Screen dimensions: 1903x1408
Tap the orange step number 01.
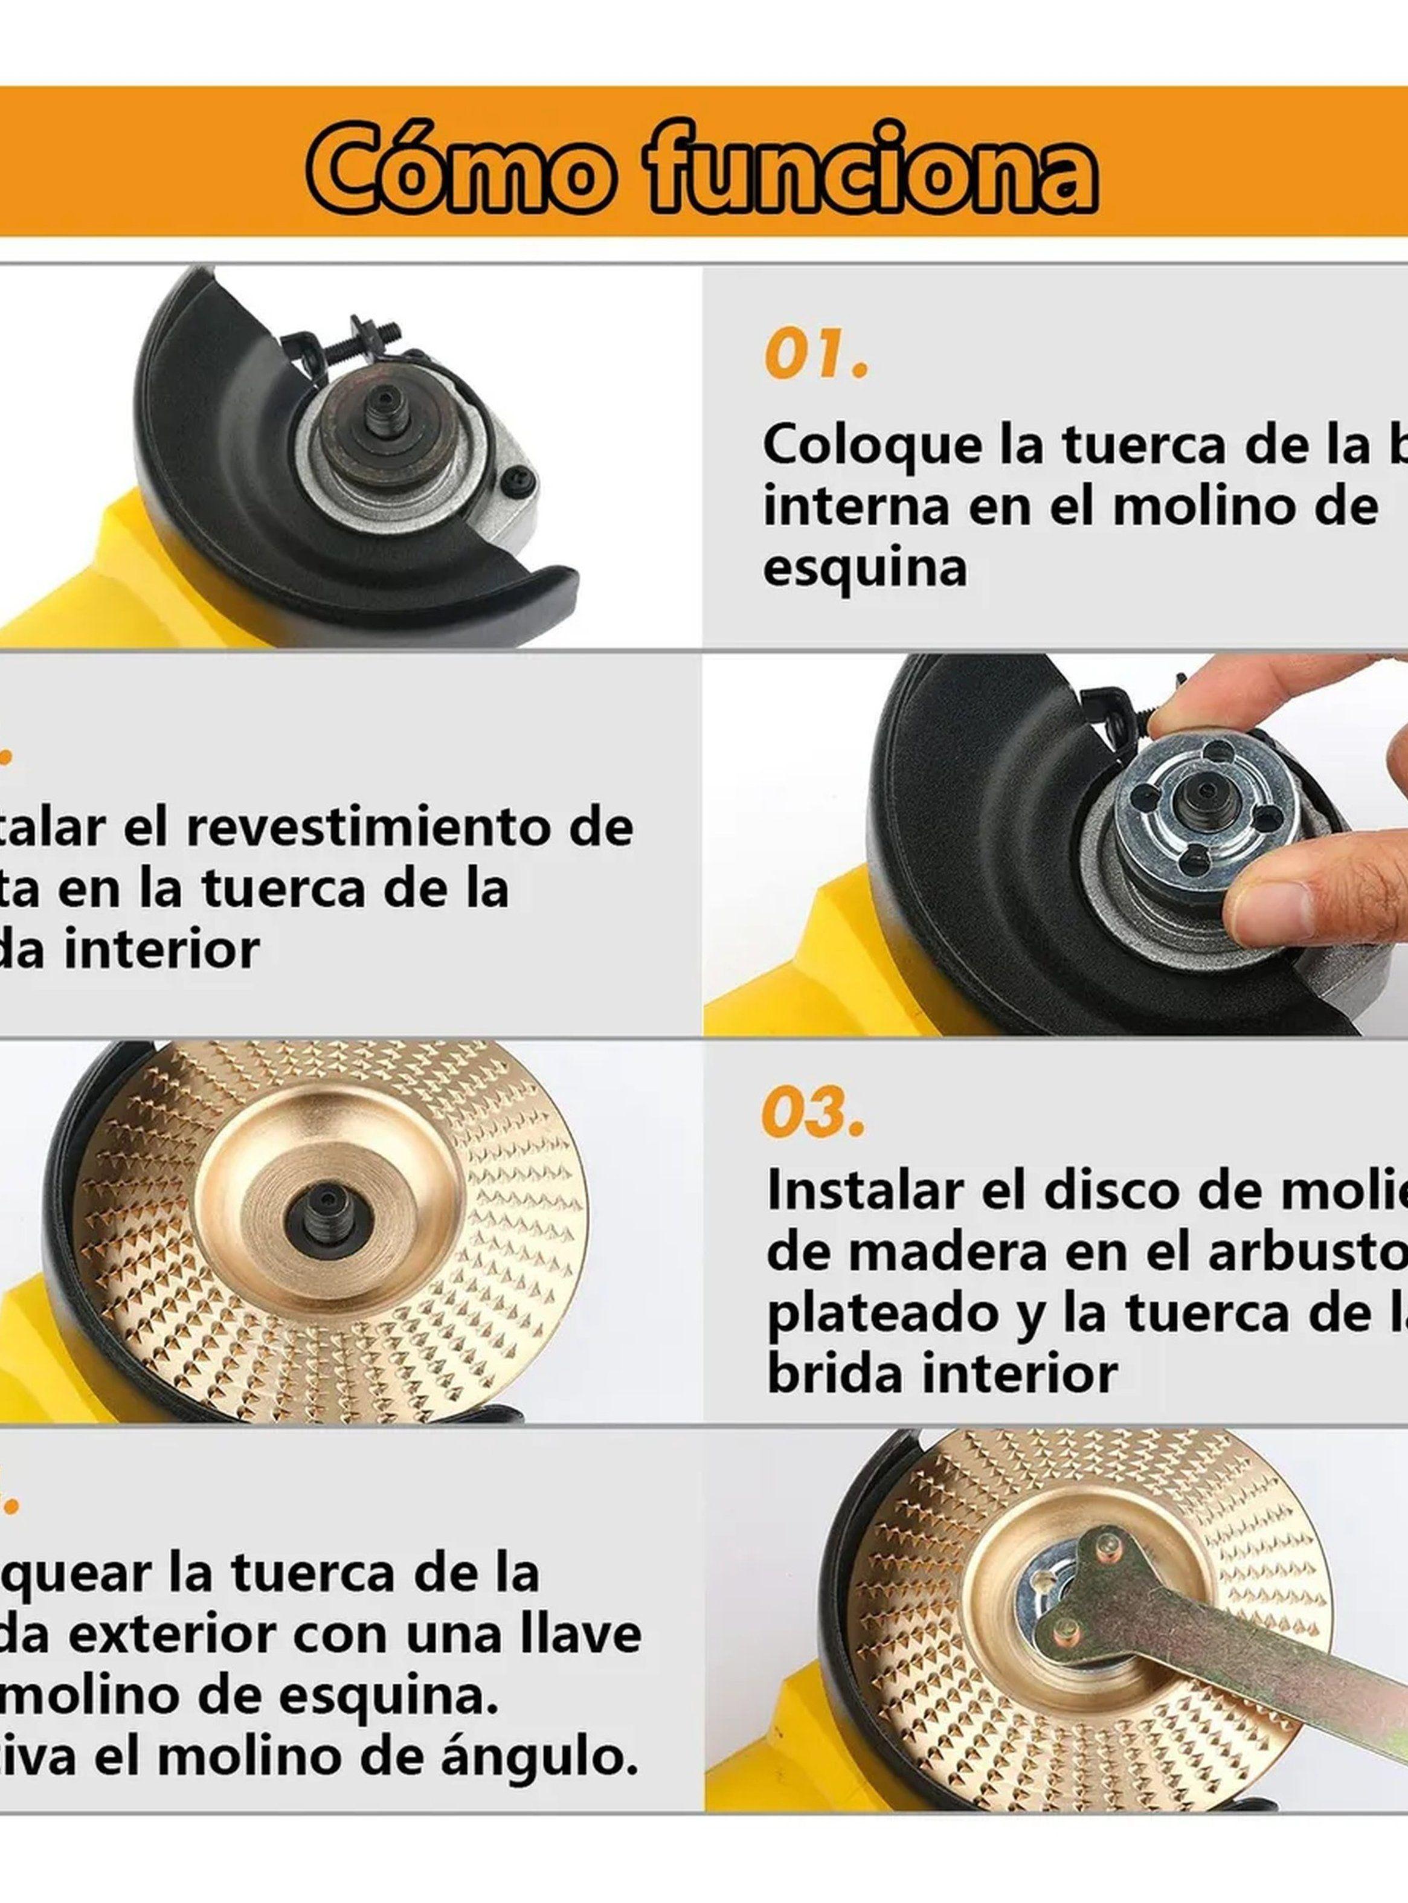pyautogui.click(x=815, y=355)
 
